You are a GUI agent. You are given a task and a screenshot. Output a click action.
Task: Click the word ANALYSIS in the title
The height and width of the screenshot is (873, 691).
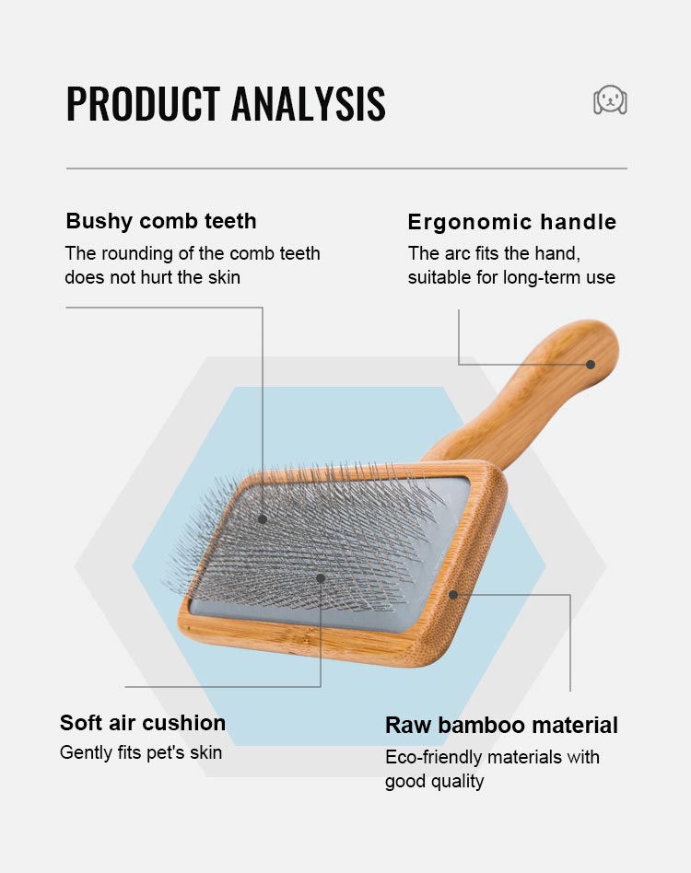(308, 103)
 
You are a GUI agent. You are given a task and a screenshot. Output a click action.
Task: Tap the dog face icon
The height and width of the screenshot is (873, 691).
(610, 99)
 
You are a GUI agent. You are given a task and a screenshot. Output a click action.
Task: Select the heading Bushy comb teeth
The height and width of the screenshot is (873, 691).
(161, 221)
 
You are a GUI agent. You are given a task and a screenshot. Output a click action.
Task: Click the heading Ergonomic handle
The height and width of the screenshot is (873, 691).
(511, 222)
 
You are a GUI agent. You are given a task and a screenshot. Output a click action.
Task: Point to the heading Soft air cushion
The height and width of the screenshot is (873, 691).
(143, 723)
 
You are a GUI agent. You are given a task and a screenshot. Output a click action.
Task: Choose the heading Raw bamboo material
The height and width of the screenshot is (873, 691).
(501, 725)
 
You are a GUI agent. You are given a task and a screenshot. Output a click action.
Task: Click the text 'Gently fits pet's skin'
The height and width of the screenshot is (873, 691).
(141, 752)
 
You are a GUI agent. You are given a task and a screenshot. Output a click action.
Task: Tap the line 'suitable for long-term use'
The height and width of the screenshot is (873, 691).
(511, 277)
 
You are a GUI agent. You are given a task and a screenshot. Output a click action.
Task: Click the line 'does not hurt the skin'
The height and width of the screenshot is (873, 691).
(152, 277)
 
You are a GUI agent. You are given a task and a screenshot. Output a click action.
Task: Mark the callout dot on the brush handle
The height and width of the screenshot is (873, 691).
(591, 365)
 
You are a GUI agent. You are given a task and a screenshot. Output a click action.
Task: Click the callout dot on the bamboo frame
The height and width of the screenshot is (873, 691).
(453, 595)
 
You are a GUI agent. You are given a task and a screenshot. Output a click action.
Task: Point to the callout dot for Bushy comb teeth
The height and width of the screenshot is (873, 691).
(263, 519)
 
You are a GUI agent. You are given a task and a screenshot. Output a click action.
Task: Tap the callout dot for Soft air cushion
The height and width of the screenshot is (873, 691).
(321, 578)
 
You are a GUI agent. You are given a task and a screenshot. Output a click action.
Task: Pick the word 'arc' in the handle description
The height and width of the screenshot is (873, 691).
(458, 253)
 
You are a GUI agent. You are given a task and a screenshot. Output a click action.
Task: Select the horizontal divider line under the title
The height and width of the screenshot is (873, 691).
(346, 169)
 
